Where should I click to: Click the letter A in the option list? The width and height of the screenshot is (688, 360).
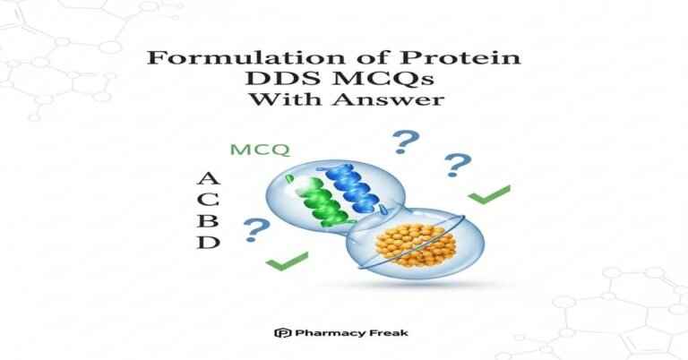[207, 179]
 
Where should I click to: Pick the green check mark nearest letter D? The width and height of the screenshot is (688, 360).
[286, 261]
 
